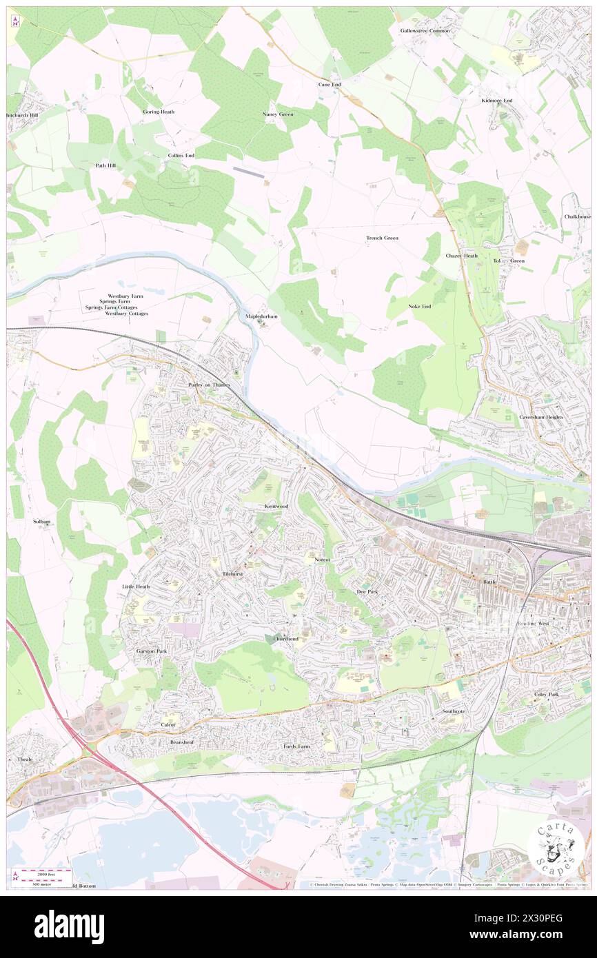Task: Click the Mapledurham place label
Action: (x=262, y=316)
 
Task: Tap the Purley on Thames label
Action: (x=208, y=385)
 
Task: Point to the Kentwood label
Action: (x=276, y=507)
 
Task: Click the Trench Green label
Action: (x=382, y=238)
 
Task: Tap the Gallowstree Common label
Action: (x=425, y=31)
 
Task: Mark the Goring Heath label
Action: (x=159, y=112)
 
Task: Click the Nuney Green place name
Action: (x=278, y=114)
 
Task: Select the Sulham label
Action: (x=42, y=522)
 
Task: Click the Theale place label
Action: (x=25, y=759)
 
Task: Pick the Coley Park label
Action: (x=546, y=694)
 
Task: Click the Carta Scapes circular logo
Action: (x=556, y=846)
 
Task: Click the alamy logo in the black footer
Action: (x=69, y=927)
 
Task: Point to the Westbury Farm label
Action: (x=124, y=295)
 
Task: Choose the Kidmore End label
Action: (x=497, y=101)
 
